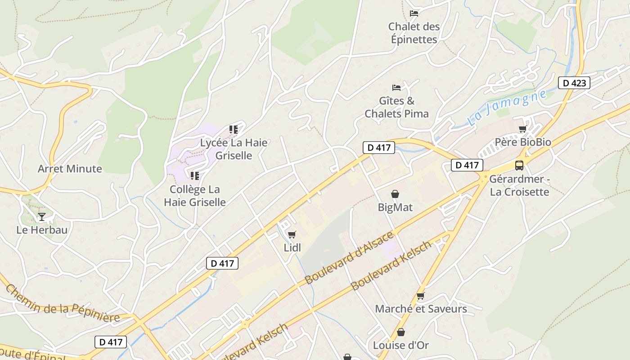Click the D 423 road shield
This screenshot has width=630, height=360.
pos(574,83)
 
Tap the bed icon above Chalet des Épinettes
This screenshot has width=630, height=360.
pos(414,13)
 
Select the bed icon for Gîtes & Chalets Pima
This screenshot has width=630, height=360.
pos(396,87)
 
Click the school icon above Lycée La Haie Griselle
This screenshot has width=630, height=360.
pos(234,130)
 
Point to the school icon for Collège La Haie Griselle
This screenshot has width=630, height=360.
pos(195,175)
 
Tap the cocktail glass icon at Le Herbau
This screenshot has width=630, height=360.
pos(42,216)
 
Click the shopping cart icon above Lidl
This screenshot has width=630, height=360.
pos(292,234)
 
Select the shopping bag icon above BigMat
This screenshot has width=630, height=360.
pos(395,194)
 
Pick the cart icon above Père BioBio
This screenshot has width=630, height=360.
pos(522,129)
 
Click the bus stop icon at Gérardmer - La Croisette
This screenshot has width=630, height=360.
pos(519,165)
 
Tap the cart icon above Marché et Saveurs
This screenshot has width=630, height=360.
pos(421,296)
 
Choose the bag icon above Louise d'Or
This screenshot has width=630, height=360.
pos(401,332)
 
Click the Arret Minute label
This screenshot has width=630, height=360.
pos(70,169)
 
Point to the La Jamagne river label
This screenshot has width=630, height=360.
pos(507,108)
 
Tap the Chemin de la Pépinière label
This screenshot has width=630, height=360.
pos(63,305)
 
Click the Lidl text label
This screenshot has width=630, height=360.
pos(292,247)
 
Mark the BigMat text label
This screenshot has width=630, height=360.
pos(395,207)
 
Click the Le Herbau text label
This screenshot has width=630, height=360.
pos(42,230)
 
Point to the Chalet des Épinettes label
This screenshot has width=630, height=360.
pos(414,33)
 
